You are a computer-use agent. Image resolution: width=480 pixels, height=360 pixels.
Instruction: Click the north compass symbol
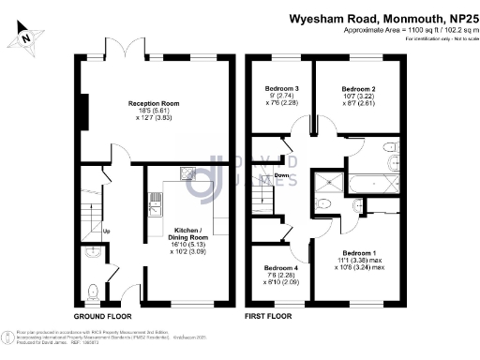pos(29,38)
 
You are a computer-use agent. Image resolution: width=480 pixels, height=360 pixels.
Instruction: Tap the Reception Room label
pos(154,103)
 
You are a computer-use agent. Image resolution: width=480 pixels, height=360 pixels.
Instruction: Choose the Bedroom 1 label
pos(360,253)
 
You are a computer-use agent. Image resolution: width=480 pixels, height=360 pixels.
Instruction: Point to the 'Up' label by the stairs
pos(106,232)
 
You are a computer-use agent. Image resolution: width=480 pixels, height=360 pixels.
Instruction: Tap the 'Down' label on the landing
pos(282,175)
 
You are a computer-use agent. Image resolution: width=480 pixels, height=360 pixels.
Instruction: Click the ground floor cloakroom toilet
pos(90,292)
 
